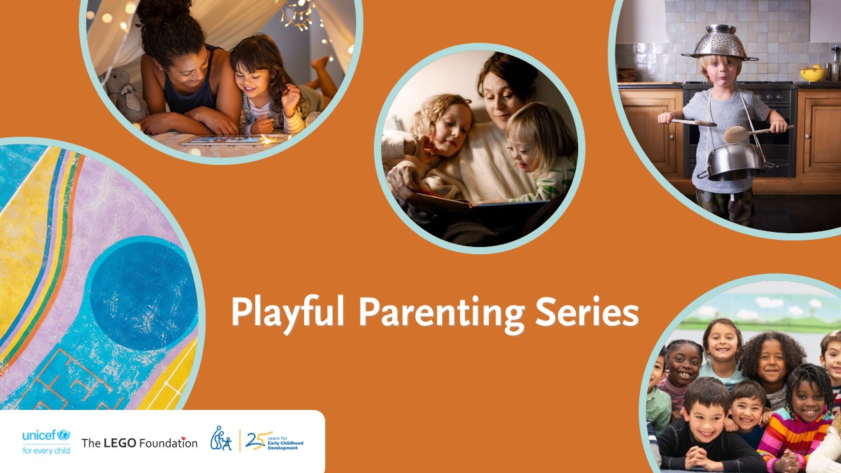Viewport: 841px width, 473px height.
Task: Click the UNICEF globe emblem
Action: click(x=63, y=435)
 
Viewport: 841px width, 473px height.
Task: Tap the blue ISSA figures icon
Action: click(x=221, y=439)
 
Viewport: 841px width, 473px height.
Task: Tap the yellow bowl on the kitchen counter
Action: click(x=812, y=74)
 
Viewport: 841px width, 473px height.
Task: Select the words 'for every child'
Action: click(x=46, y=451)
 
